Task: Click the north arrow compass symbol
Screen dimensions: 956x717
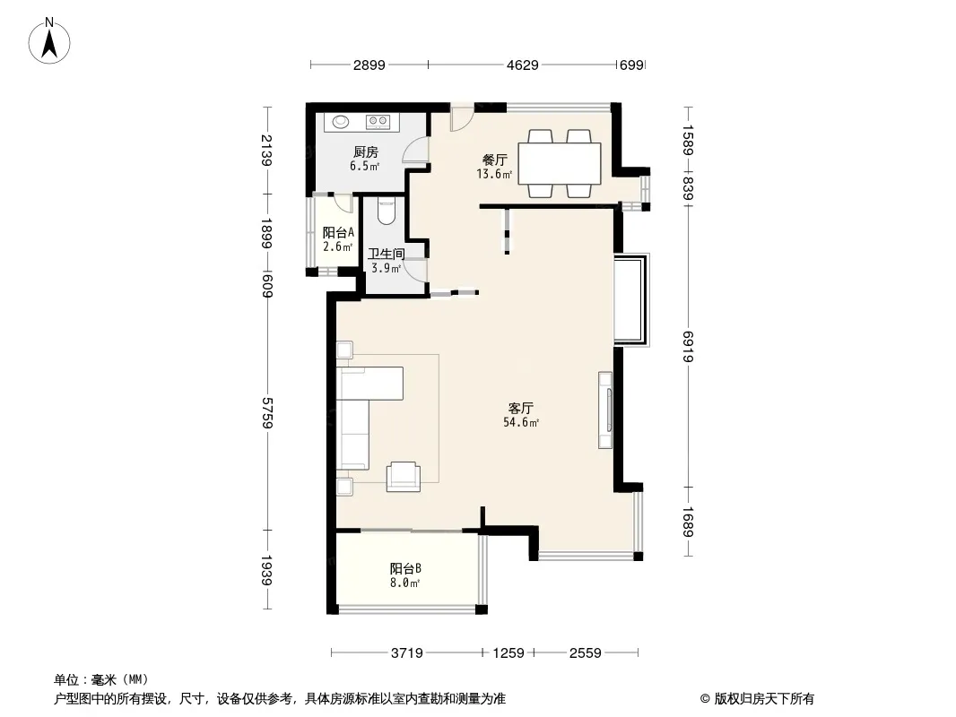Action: (x=49, y=41)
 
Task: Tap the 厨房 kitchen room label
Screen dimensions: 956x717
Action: (x=365, y=151)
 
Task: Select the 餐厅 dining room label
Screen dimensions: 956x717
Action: (x=494, y=160)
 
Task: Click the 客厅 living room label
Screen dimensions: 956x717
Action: (x=521, y=408)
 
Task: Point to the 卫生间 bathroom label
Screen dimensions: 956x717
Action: (x=386, y=254)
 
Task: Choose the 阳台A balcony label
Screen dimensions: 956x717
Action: (x=338, y=232)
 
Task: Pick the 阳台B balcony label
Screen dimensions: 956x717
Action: (x=405, y=568)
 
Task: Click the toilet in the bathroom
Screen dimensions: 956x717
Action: (x=387, y=210)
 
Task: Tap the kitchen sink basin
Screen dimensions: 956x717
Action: (x=341, y=122)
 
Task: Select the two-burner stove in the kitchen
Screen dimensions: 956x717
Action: (x=378, y=122)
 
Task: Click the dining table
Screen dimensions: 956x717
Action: (x=560, y=163)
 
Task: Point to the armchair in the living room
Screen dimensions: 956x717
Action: (x=403, y=477)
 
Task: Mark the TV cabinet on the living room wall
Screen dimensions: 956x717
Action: (x=605, y=410)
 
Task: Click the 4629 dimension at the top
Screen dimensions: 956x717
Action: (x=523, y=65)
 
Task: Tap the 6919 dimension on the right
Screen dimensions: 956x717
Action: (x=689, y=346)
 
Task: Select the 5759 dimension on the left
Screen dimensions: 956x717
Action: (x=267, y=413)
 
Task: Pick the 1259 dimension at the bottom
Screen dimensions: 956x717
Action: (x=508, y=653)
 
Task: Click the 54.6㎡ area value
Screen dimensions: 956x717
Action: (x=521, y=422)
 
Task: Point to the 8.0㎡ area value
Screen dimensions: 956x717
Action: (x=405, y=583)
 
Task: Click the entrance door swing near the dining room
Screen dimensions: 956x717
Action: (x=462, y=117)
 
